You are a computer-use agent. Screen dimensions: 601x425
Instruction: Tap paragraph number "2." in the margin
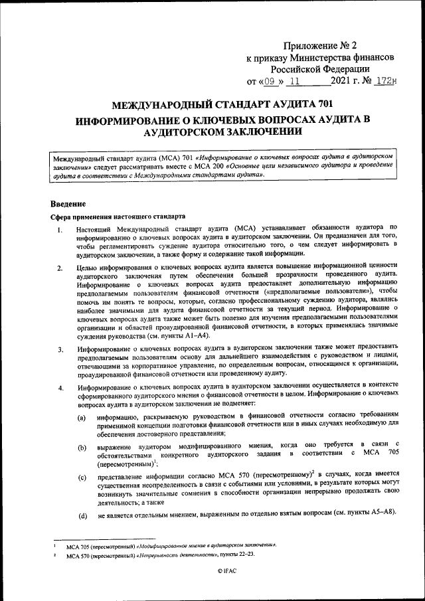click(60, 269)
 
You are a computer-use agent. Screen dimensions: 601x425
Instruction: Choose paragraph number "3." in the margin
click(60, 349)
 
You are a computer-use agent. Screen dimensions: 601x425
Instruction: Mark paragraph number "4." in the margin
click(60, 388)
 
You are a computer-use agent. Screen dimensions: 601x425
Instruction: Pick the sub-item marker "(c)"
click(82, 477)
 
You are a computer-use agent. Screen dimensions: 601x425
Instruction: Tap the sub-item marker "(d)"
click(82, 515)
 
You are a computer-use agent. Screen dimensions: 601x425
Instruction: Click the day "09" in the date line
click(269, 82)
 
